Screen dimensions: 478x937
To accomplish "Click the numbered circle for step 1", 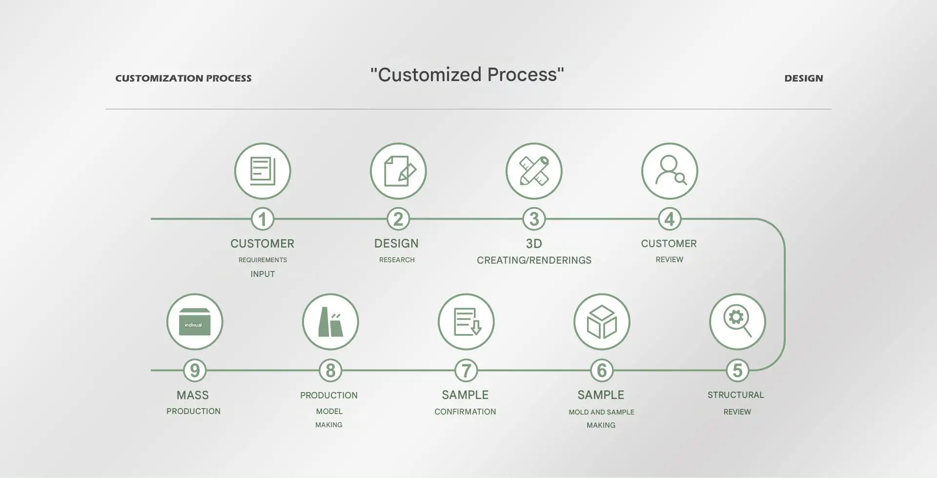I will click(263, 219).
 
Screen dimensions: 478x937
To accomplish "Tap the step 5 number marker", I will click(737, 371).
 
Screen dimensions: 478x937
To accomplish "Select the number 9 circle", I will click(195, 371).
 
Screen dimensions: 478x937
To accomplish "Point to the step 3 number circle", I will click(534, 219).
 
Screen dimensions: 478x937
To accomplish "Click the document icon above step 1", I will click(263, 171).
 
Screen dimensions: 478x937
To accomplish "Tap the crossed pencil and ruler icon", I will click(534, 171).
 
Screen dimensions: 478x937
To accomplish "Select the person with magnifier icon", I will click(670, 171).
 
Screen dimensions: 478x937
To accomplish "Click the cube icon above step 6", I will click(602, 322).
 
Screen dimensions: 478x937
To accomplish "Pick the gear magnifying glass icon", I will click(737, 322).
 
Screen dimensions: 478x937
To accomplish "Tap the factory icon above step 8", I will click(330, 322).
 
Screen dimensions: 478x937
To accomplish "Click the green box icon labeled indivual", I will click(195, 322).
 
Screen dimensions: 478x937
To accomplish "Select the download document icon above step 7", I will click(466, 322).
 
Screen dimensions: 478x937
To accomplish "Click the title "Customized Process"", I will click(467, 75).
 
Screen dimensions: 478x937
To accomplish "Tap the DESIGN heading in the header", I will click(803, 78).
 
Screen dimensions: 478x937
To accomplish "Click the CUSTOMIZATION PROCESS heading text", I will click(183, 78).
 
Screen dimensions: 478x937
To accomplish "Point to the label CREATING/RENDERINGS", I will click(534, 260).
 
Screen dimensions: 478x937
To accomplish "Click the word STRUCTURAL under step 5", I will click(735, 395).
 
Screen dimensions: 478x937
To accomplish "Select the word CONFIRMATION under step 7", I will click(465, 412).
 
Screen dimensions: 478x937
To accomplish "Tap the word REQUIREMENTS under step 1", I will click(263, 260).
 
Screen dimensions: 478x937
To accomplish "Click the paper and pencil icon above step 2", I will click(398, 171).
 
